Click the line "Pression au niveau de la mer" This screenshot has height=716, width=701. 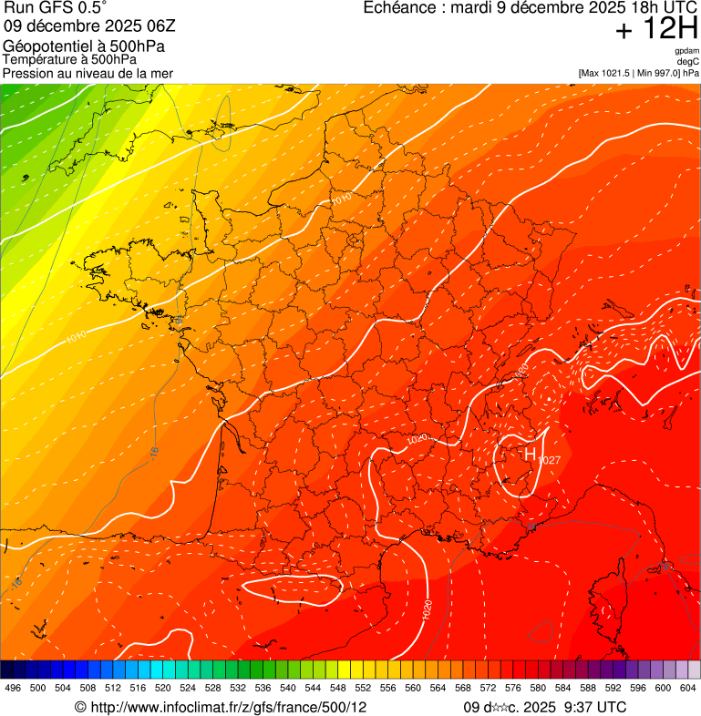pos(88,73)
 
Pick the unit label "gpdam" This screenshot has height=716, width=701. pos(686,52)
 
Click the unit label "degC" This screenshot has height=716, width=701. pos(689,62)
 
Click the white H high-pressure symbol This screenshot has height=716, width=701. pos(530,454)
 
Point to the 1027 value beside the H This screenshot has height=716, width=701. pos(549,461)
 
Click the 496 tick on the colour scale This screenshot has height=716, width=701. pos(13,688)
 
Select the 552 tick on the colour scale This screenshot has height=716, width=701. pos(363,688)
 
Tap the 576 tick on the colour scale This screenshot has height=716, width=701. pos(513,688)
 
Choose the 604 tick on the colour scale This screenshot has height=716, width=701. pos(688,688)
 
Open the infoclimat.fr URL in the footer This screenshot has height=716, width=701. pos(229,707)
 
